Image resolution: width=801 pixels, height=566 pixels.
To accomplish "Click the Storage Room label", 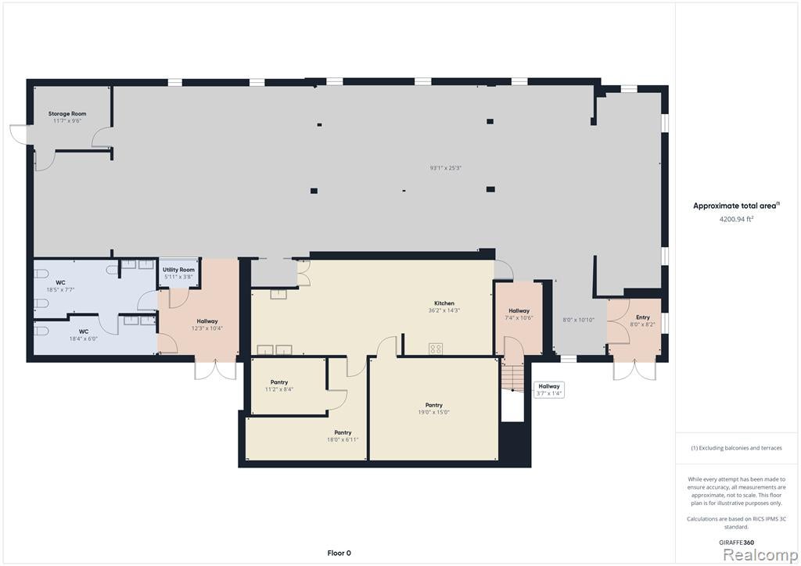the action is pyautogui.click(x=67, y=114).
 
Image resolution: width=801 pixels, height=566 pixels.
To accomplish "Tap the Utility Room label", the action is pyautogui.click(x=179, y=270).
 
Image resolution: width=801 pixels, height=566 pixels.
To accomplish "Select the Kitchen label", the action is pyautogui.click(x=444, y=303).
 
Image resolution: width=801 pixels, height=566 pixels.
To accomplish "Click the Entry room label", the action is pyautogui.click(x=643, y=317).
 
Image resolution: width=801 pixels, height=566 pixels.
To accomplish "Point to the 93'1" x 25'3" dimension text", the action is pyautogui.click(x=446, y=168).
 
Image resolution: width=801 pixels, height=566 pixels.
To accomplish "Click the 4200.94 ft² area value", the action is pyautogui.click(x=737, y=219).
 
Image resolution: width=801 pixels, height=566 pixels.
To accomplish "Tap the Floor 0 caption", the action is pyautogui.click(x=339, y=553).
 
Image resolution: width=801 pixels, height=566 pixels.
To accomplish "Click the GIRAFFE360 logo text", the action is pyautogui.click(x=736, y=543).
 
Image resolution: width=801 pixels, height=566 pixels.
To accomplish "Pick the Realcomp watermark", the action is pyautogui.click(x=760, y=555).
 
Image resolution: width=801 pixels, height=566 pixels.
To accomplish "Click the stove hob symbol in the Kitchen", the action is pyautogui.click(x=436, y=349).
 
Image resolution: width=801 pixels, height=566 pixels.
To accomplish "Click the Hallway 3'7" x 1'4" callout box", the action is pyautogui.click(x=549, y=390).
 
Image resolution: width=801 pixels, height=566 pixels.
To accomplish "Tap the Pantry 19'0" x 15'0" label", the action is pyautogui.click(x=433, y=408).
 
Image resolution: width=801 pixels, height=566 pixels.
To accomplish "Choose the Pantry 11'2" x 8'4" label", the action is pyautogui.click(x=279, y=385).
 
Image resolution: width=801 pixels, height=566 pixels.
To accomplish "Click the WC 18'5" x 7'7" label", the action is pyautogui.click(x=61, y=286).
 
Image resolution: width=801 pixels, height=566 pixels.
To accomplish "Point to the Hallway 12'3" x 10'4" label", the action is pyautogui.click(x=207, y=324).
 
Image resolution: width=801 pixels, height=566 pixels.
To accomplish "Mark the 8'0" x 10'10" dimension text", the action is pyautogui.click(x=578, y=320).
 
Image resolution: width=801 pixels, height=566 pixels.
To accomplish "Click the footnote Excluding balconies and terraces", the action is pyautogui.click(x=736, y=448).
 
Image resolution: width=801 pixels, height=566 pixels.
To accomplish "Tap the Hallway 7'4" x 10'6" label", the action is pyautogui.click(x=519, y=313).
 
